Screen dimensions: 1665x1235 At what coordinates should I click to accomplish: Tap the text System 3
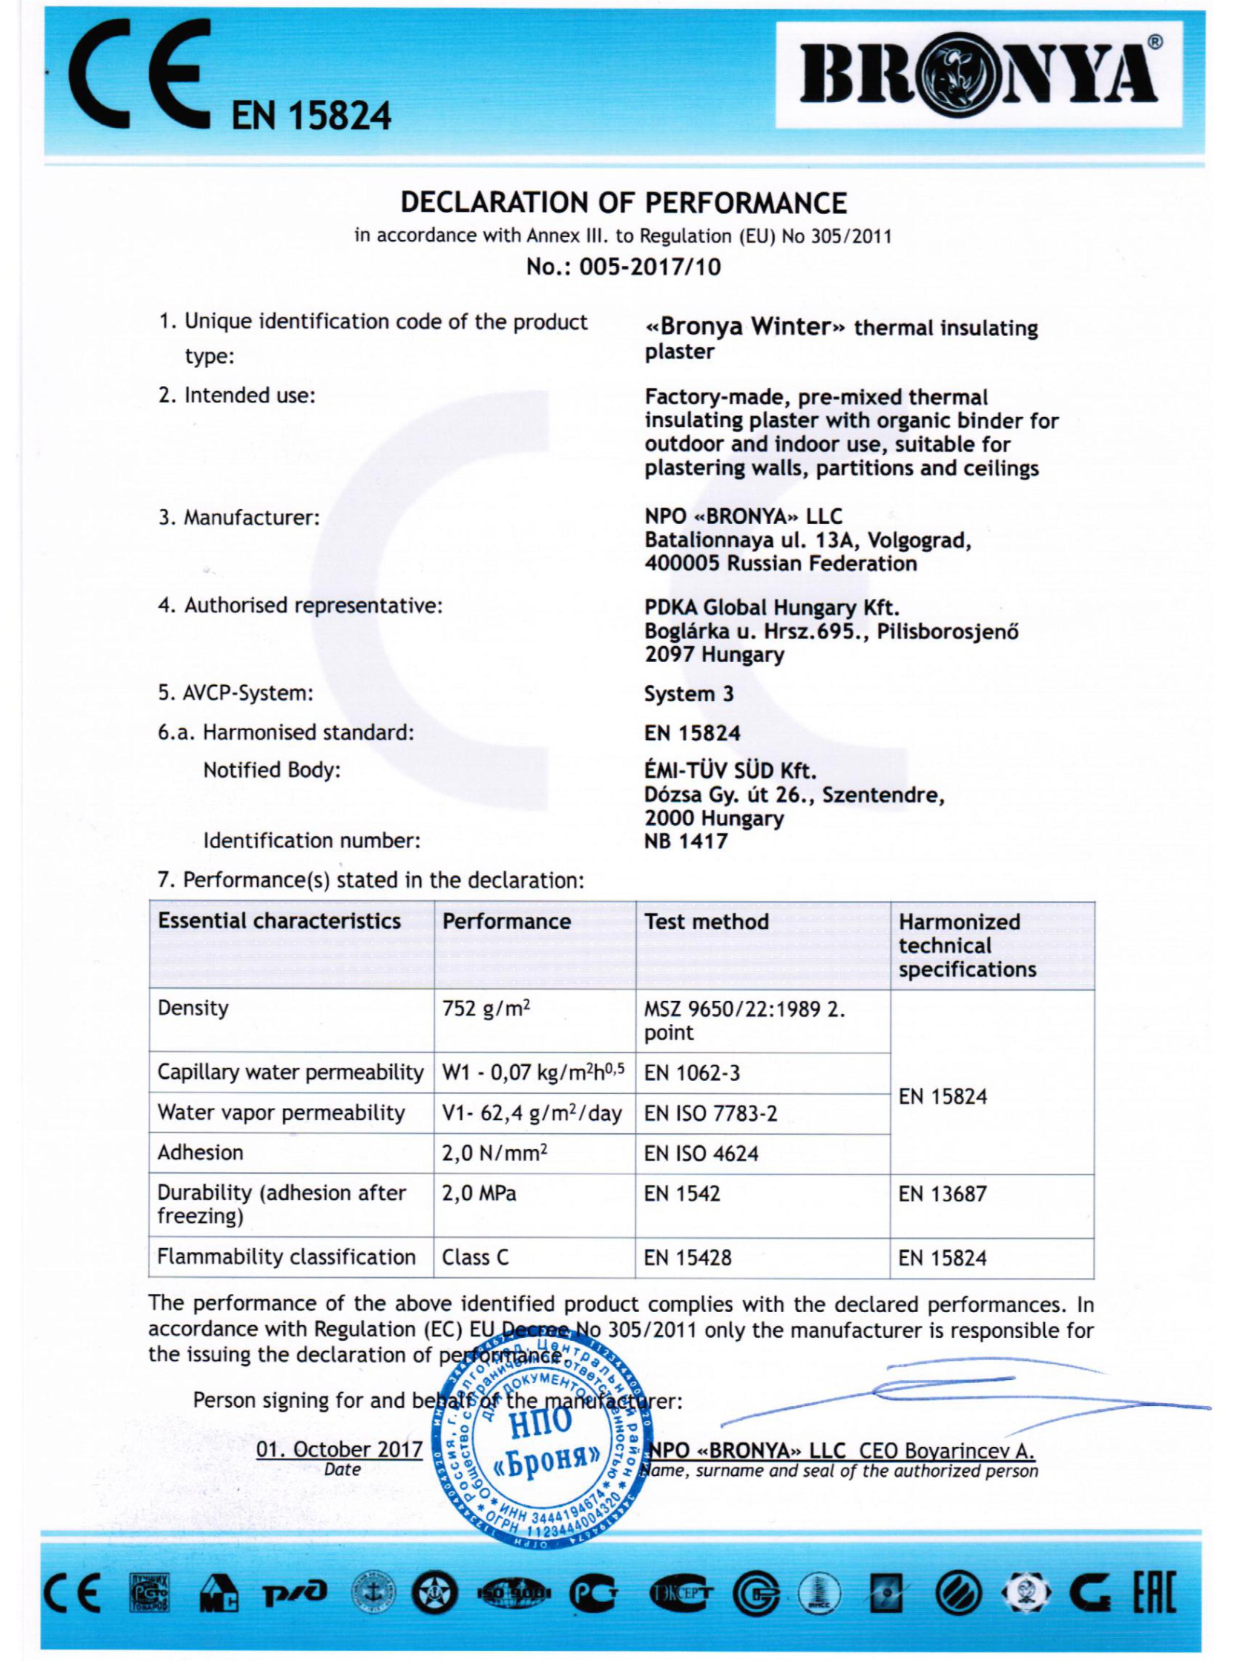click(688, 694)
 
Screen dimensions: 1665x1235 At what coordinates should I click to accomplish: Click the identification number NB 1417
click(686, 841)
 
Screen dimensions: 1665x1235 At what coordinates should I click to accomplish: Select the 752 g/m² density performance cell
click(486, 1008)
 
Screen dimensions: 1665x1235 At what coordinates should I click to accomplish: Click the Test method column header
click(706, 921)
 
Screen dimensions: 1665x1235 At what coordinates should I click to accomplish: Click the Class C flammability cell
click(476, 1257)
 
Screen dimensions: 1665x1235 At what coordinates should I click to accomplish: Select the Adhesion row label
click(200, 1153)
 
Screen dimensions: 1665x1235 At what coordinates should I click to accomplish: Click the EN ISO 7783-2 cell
click(710, 1114)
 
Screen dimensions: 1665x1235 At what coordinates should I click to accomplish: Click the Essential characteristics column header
click(279, 921)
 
